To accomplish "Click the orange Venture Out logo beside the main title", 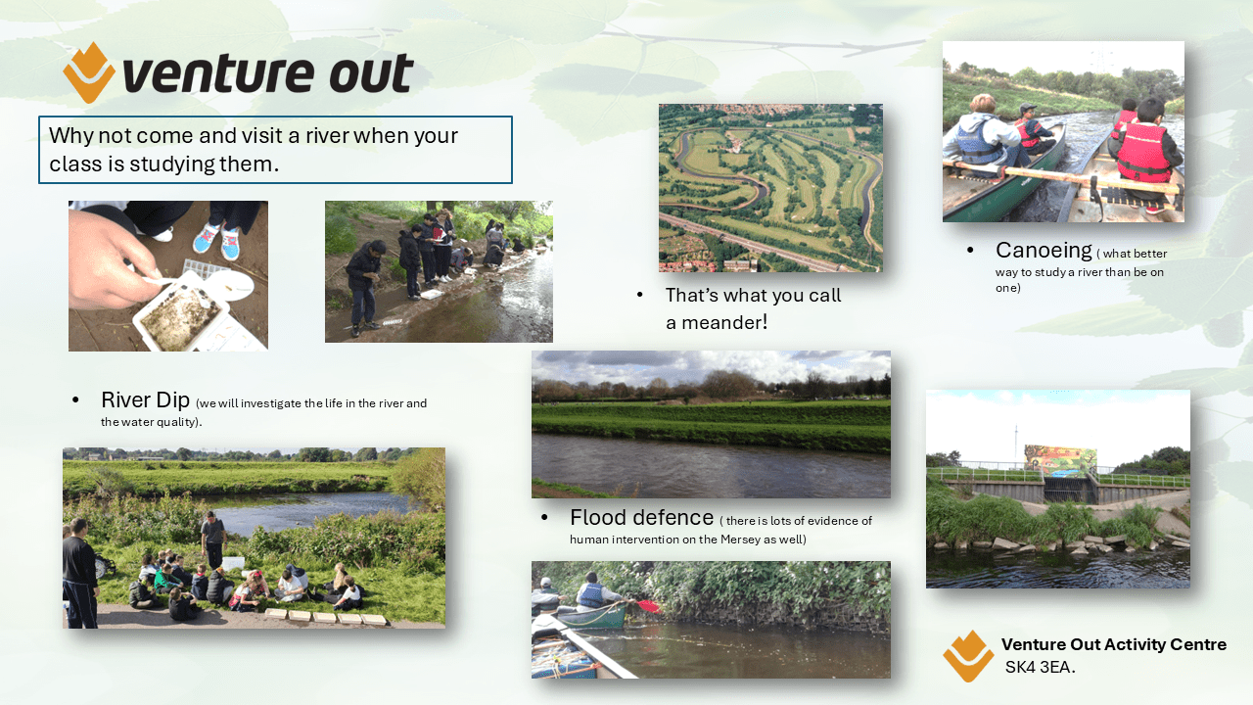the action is (89, 72).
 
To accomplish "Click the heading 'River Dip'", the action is (146, 400).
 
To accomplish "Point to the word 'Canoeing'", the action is (1044, 251).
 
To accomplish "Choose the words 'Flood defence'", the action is (641, 518).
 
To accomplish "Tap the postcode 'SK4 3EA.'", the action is (1040, 668).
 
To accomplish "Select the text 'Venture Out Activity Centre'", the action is (1114, 644).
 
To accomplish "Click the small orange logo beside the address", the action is (968, 656).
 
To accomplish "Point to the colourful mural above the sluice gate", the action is (1060, 459).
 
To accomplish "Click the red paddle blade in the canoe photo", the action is (649, 606).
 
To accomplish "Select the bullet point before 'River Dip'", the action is (75, 400).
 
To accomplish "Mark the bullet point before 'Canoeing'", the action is (970, 251).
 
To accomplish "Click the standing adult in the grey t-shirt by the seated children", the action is (213, 540).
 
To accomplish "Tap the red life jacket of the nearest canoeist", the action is (1143, 153).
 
